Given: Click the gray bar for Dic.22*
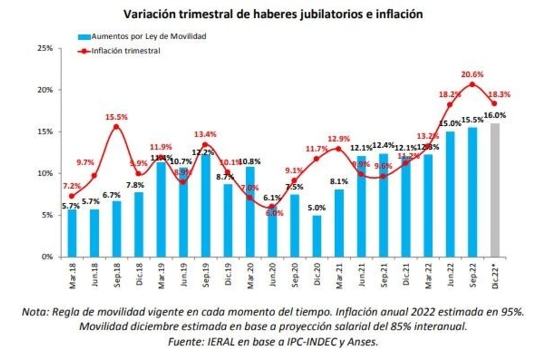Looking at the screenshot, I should click(x=494, y=189).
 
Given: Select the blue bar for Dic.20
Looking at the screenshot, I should click(x=317, y=236).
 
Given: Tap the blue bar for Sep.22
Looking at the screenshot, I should click(x=472, y=192).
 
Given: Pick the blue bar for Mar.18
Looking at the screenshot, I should click(x=72, y=233).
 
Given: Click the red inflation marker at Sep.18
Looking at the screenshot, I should click(x=116, y=127).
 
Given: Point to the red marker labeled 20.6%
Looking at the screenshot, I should click(x=472, y=84).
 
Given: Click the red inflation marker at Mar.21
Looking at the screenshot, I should click(x=338, y=148).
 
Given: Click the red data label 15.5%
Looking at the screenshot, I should click(x=116, y=116).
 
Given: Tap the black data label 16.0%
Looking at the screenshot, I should click(x=495, y=115).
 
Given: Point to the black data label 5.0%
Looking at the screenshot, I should click(x=317, y=207).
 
